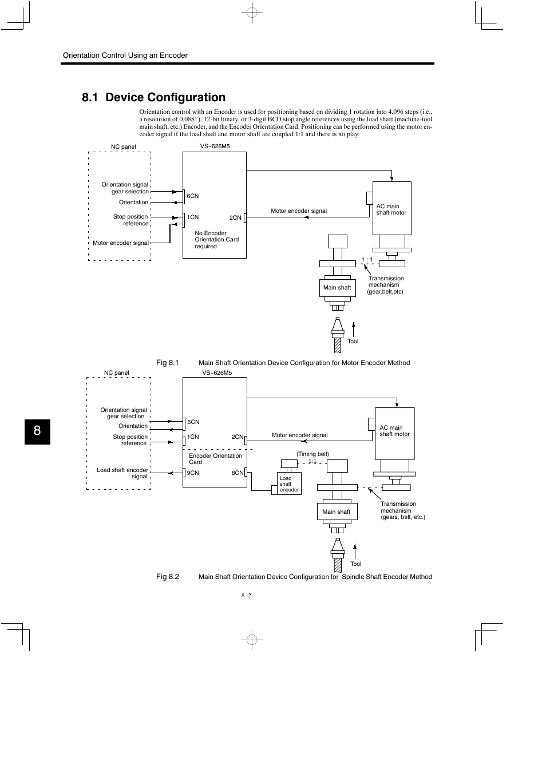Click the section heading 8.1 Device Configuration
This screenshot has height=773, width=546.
tap(153, 97)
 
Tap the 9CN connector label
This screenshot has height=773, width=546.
tap(193, 473)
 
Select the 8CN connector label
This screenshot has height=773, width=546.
tap(237, 473)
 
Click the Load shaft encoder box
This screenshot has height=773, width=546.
tap(289, 483)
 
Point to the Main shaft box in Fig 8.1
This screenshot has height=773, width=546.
tap(337, 287)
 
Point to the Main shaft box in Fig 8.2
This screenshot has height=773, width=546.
tap(337, 512)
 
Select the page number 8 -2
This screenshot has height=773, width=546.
tap(246, 595)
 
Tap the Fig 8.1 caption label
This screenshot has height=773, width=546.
tap(168, 363)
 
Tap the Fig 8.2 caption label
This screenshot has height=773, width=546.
tap(168, 577)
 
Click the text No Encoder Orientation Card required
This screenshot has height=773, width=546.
tap(216, 240)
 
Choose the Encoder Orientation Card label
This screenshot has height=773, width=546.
tap(215, 459)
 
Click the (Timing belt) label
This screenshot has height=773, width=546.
tap(312, 454)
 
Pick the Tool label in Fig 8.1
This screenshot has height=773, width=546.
tap(353, 342)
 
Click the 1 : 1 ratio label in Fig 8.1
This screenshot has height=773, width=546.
tap(367, 260)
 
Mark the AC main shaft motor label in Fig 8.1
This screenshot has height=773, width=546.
tap(391, 209)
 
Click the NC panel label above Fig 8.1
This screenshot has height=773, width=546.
tap(124, 147)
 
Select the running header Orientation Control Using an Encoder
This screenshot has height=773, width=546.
tap(125, 56)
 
